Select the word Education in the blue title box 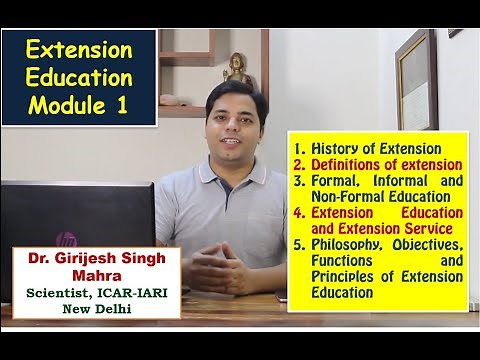[77, 77]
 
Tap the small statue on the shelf [238, 67]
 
